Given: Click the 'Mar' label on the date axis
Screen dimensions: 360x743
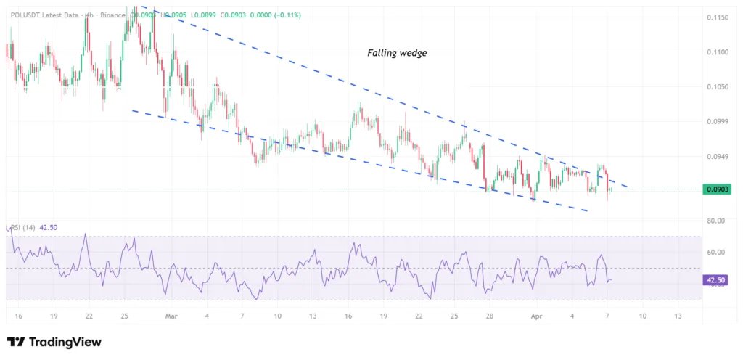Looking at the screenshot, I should coord(171,316).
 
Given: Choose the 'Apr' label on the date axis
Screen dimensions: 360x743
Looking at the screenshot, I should coord(536,316).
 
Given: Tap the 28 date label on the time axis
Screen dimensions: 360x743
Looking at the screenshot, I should coord(490,316).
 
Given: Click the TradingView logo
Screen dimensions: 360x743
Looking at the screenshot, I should coord(54,343).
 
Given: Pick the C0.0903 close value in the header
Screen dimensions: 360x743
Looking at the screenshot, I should coord(232,15).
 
